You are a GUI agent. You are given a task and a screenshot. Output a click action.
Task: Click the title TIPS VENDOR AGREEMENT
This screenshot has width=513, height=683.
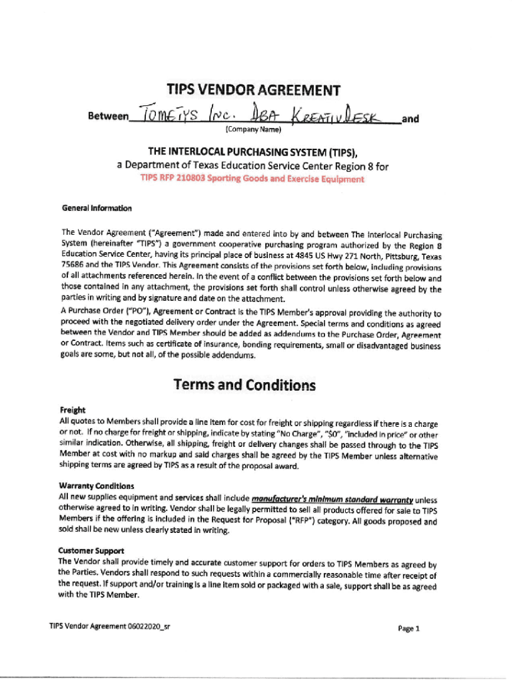click(x=253, y=91)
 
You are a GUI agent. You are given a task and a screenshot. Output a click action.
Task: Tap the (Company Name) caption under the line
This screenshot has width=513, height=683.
click(x=254, y=129)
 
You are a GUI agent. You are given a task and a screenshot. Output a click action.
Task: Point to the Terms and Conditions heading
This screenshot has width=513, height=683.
click(x=245, y=385)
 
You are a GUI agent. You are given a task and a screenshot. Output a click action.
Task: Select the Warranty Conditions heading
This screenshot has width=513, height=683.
click(x=96, y=486)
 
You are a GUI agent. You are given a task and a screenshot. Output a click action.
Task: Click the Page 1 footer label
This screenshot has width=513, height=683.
click(x=408, y=628)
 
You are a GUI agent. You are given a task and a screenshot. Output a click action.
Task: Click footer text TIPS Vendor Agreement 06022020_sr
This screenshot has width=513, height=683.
click(x=109, y=626)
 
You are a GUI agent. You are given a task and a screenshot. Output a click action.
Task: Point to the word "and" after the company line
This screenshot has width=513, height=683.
click(x=411, y=119)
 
